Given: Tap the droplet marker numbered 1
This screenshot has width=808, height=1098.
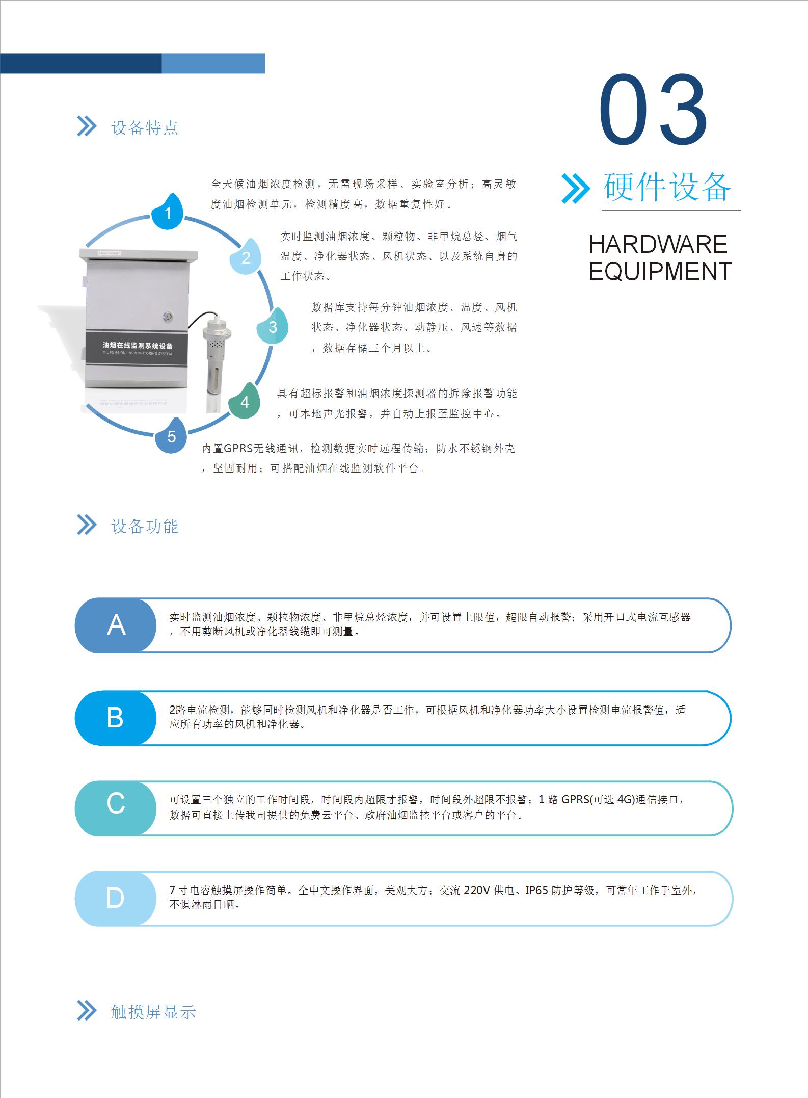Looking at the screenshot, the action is pos(169,212).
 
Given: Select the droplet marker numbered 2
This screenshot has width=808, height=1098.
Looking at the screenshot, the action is pos(246,256).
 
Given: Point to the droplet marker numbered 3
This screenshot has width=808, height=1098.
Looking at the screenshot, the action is pos(272,326).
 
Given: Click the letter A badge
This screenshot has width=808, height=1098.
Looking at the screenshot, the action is pos(116,625).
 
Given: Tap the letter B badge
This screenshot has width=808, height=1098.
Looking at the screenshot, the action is pos(116,718).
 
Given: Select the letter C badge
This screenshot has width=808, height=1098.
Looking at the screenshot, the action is pos(116,808).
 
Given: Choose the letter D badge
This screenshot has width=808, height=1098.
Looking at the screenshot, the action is pos(116,898).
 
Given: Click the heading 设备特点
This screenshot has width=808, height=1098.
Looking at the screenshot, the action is pos(145,127).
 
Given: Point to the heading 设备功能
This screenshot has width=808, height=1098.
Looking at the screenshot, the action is pos(145,526).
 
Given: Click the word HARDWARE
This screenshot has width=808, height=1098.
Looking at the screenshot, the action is pos(658,244).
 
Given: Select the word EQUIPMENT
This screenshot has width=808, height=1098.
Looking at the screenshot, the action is pos(660,271).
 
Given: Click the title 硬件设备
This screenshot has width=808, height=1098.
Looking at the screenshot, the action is pos(667,187).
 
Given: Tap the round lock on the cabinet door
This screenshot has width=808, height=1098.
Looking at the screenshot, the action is pos(168,317).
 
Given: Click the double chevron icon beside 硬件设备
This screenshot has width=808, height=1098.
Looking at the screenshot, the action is pos(575,189).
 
